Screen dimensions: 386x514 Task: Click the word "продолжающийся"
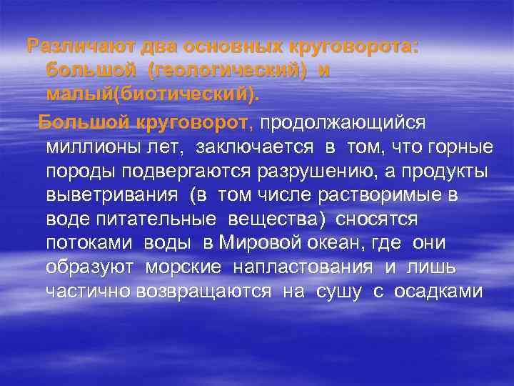pyautogui.click(x=343, y=122)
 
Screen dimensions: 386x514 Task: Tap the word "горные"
pyautogui.click(x=463, y=147)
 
